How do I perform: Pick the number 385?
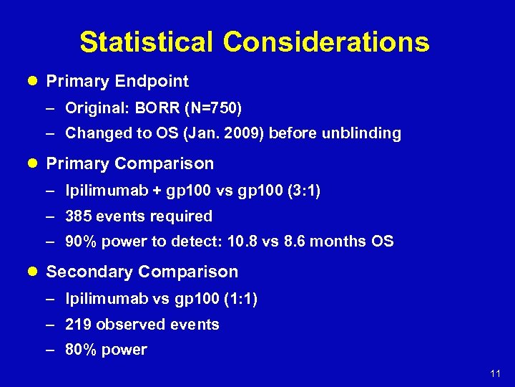[78, 216]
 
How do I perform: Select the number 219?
[78, 325]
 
